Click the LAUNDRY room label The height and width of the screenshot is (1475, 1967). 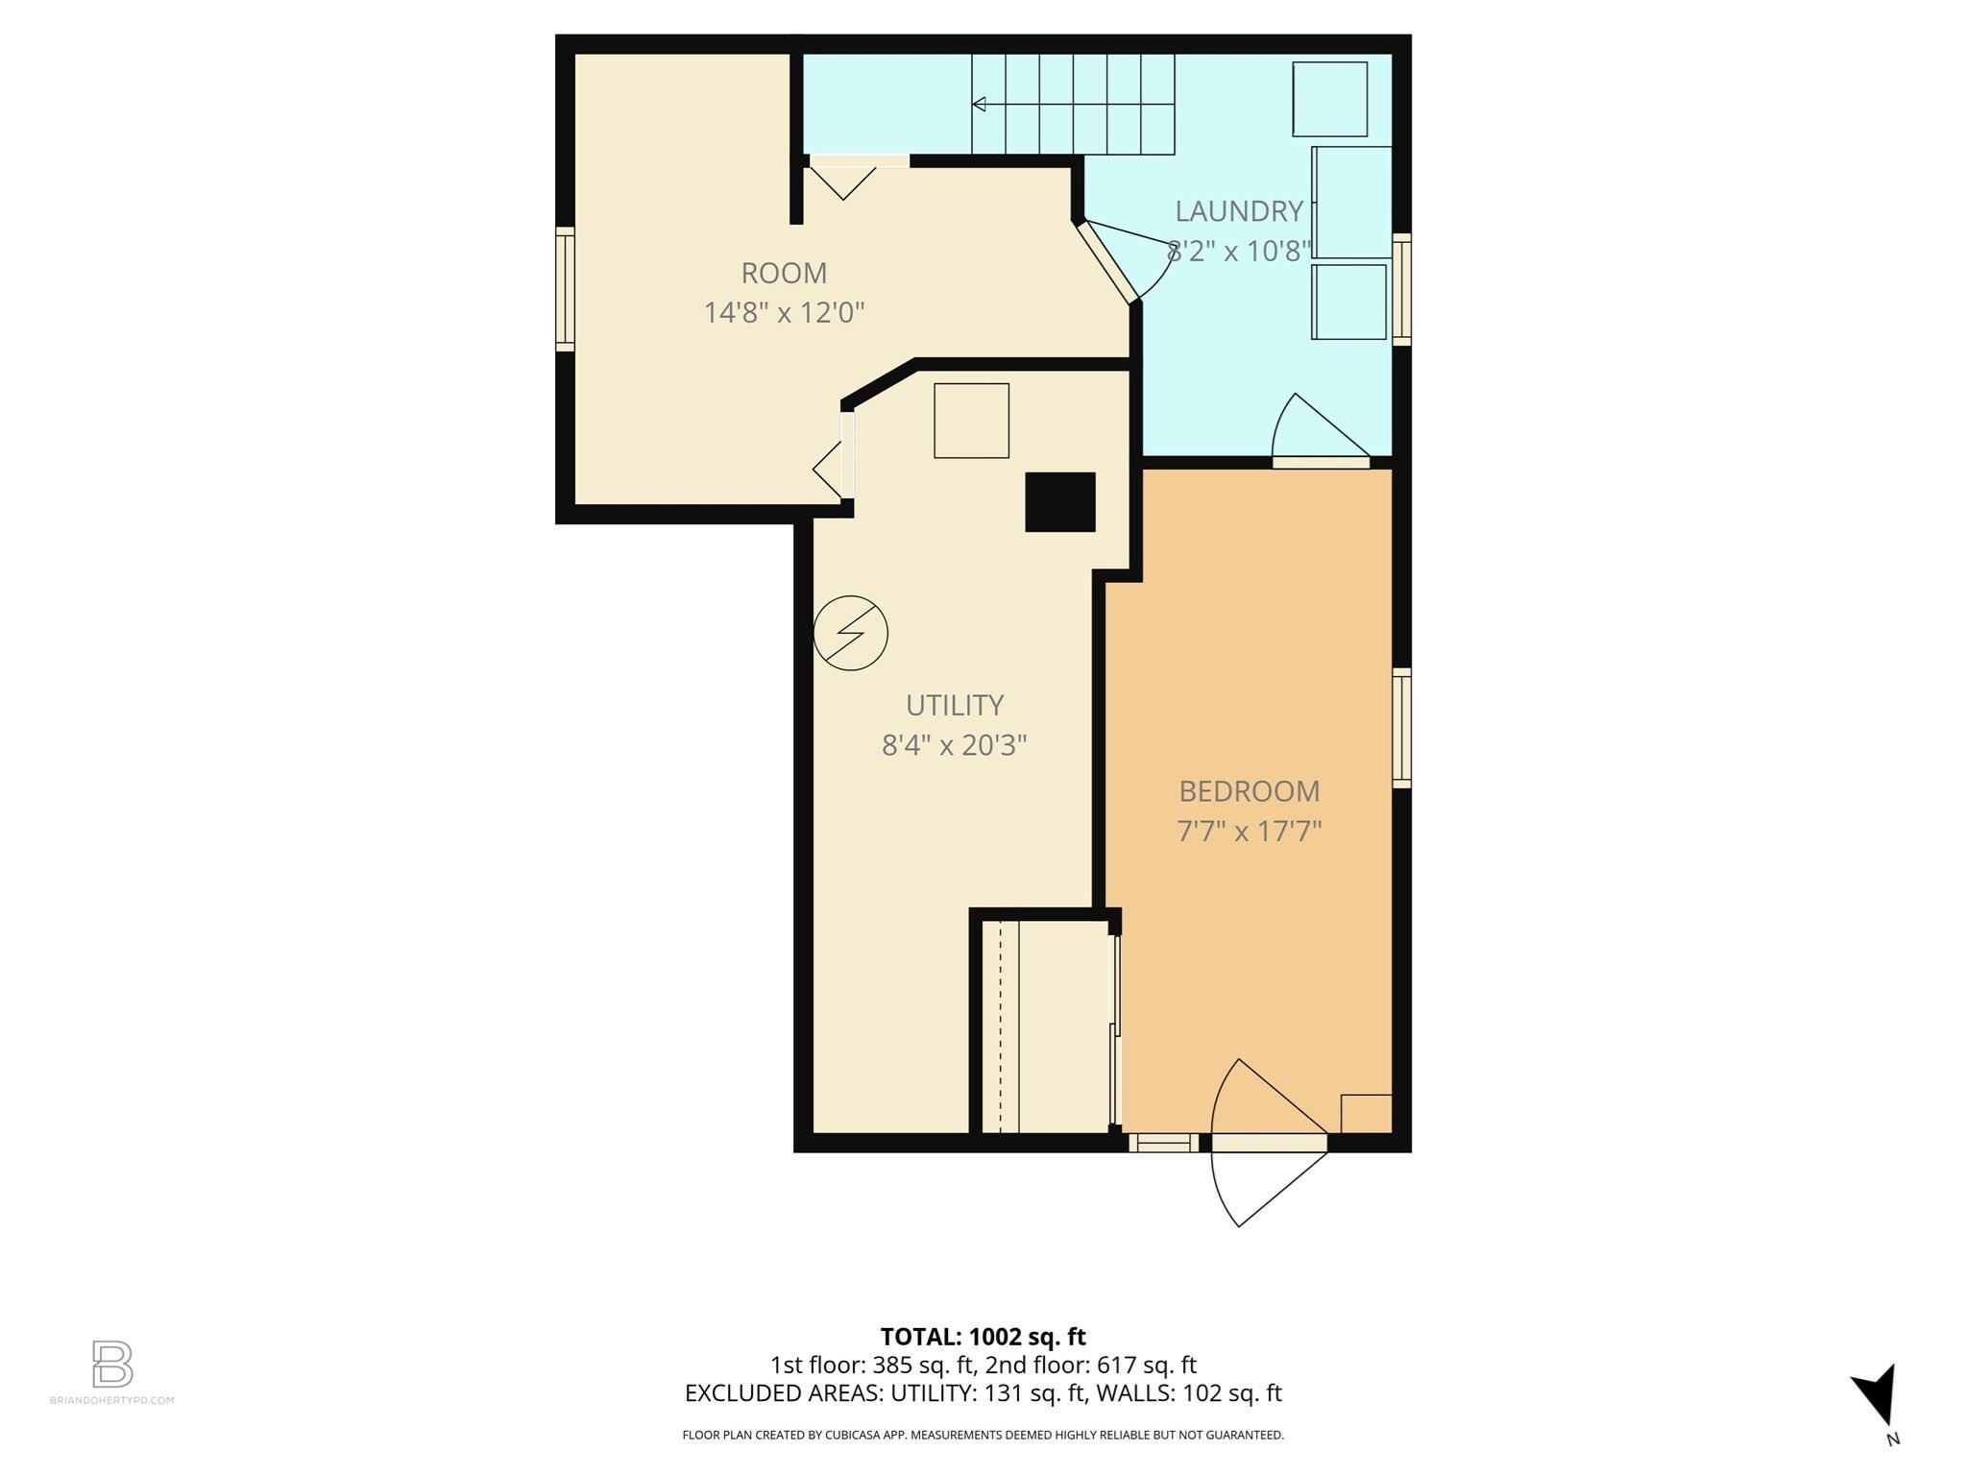(x=1238, y=211)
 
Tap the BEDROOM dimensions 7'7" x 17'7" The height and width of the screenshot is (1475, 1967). (x=1249, y=831)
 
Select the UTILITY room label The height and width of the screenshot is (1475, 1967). (x=955, y=705)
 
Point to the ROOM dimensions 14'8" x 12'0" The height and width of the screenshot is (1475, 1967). (x=784, y=313)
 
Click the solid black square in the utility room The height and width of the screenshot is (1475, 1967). (x=1060, y=501)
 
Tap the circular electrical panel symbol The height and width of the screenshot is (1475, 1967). (x=850, y=633)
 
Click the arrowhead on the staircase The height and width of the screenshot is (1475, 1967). (x=979, y=104)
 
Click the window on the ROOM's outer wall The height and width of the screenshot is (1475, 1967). (x=565, y=289)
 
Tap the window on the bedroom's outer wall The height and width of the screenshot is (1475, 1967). (x=1401, y=728)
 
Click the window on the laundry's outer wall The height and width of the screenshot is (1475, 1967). (x=1401, y=289)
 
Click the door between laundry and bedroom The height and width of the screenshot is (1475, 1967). (x=1321, y=462)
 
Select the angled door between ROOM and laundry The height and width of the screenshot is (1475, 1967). (x=1106, y=261)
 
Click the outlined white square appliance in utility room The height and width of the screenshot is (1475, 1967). (x=971, y=421)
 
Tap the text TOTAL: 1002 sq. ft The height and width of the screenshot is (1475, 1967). (x=983, y=1336)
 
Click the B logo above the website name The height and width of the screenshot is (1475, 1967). (x=112, y=1364)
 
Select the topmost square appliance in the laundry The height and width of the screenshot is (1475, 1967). (x=1329, y=99)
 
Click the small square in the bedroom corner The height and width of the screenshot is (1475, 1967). (x=1366, y=1113)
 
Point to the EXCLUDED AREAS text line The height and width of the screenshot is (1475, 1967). (x=983, y=1392)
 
